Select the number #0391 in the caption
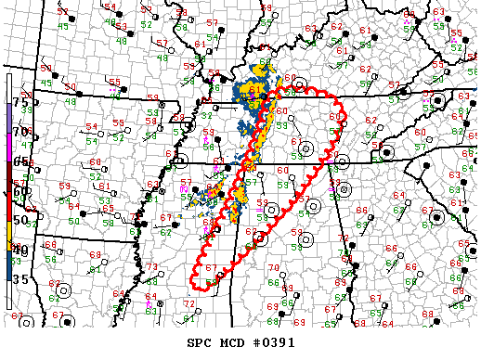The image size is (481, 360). pyautogui.click(x=279, y=342)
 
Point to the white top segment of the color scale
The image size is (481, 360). pyautogui.click(x=8, y=88)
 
